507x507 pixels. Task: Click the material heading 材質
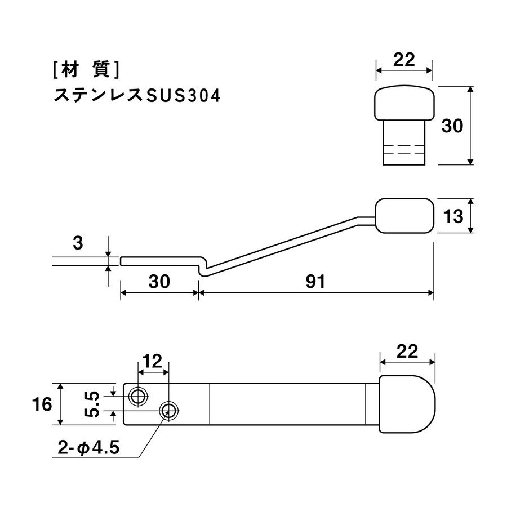(86, 69)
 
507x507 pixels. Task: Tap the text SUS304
(183, 96)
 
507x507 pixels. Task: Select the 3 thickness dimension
(78, 243)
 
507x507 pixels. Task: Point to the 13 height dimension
(453, 216)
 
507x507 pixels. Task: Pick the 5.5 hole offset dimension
(92, 404)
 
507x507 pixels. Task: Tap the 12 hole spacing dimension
(152, 361)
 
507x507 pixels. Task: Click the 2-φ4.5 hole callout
(88, 448)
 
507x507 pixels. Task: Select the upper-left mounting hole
(138, 396)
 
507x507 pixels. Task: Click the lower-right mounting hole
(169, 411)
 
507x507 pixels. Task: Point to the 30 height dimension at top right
(452, 126)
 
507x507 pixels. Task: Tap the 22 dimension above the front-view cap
(404, 60)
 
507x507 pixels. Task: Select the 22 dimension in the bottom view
(407, 351)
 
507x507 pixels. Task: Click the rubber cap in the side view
(404, 216)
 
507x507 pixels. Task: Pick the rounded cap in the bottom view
(407, 404)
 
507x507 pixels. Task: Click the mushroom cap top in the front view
(404, 103)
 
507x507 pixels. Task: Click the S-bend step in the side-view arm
(203, 267)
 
